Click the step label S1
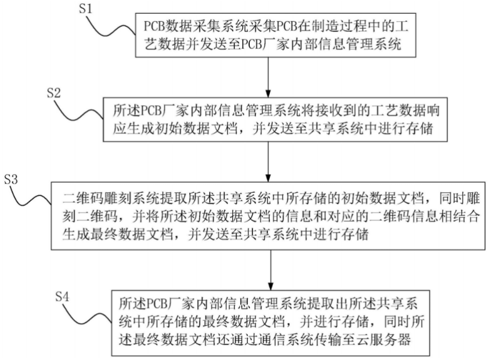86,8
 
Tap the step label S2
54,92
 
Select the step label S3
11,180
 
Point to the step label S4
62,296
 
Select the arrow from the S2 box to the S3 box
268,162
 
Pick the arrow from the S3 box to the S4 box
270,270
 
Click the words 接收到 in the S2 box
336,111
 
